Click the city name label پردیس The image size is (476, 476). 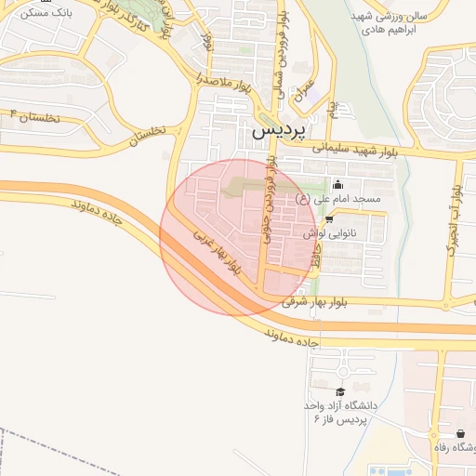278,132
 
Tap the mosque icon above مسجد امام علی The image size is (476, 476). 337,184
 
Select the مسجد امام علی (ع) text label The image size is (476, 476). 337,199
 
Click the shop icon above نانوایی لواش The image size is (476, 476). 328,218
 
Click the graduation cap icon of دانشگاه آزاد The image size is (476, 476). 339,391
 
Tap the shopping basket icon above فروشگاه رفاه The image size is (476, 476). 461,433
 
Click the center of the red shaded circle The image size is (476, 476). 238,237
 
